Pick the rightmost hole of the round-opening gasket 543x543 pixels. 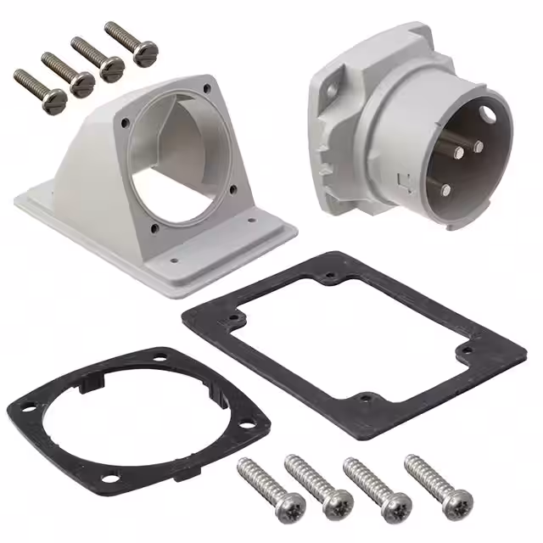click(x=252, y=429)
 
